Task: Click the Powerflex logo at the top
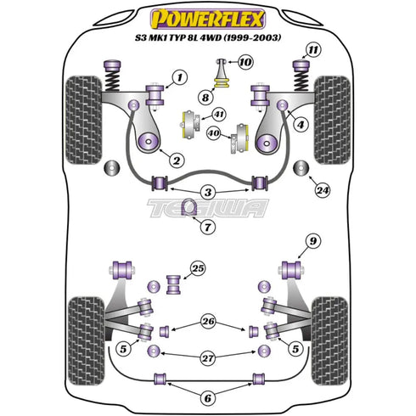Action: (x=207, y=17)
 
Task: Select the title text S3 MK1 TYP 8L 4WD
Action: (x=208, y=38)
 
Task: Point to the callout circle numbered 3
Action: (x=207, y=194)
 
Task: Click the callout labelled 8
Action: (x=205, y=98)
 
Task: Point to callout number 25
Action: (x=198, y=269)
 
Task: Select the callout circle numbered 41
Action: (x=218, y=114)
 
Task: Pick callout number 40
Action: (x=214, y=133)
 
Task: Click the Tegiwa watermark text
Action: (x=207, y=206)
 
